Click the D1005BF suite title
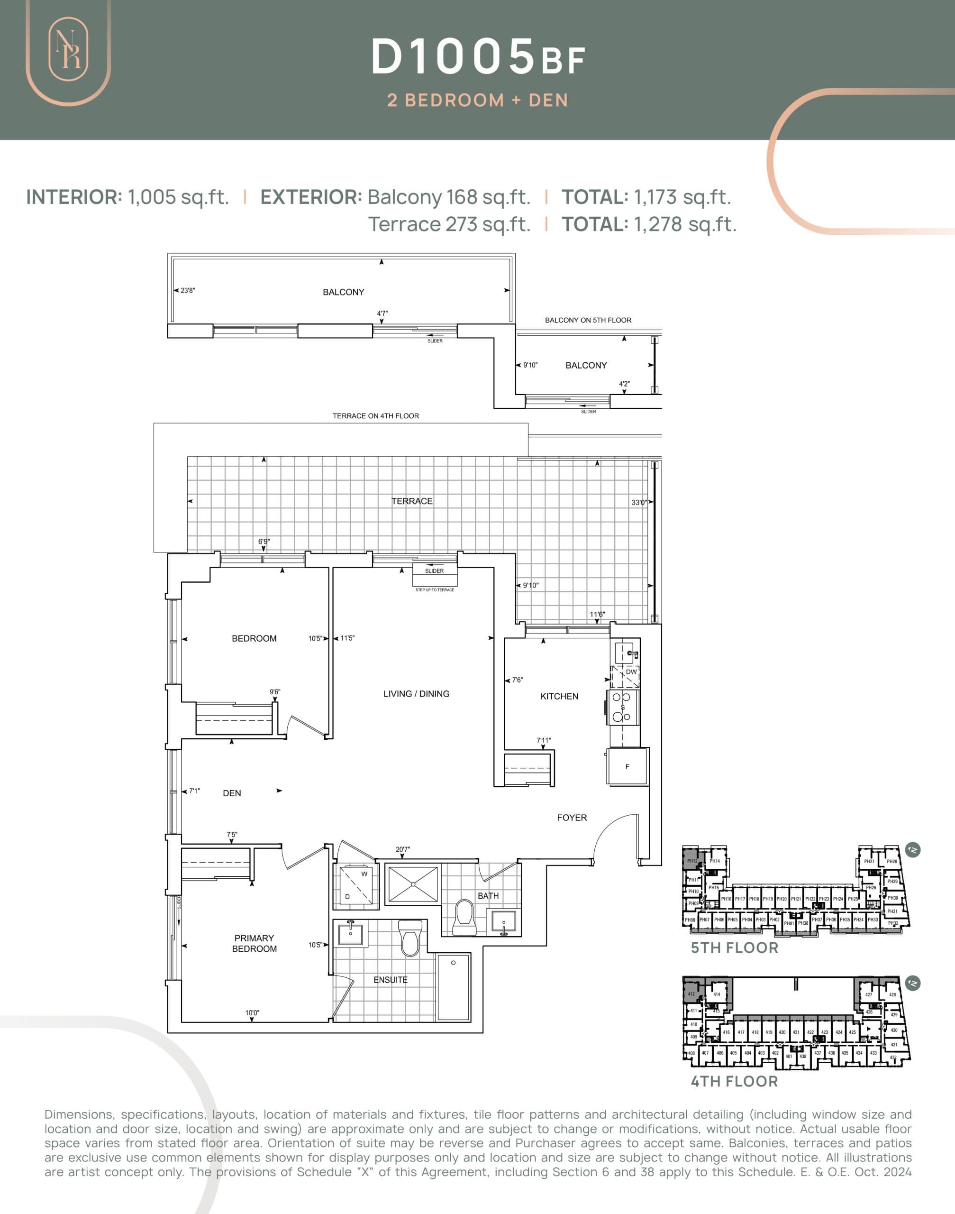click(478, 57)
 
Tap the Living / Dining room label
click(416, 694)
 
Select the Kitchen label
click(559, 697)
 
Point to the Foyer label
click(572, 818)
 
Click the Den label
click(231, 793)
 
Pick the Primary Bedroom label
click(255, 943)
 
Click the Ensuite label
click(390, 980)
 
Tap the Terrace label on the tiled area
click(411, 501)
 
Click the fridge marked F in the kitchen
click(628, 766)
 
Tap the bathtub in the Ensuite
click(454, 987)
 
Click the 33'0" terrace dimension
click(638, 502)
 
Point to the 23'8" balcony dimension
click(187, 291)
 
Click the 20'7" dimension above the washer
click(402, 850)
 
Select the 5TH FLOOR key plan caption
click(734, 948)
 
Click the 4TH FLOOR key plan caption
click(734, 1081)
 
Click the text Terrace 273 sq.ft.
click(449, 224)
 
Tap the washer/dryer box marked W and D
click(355, 886)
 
